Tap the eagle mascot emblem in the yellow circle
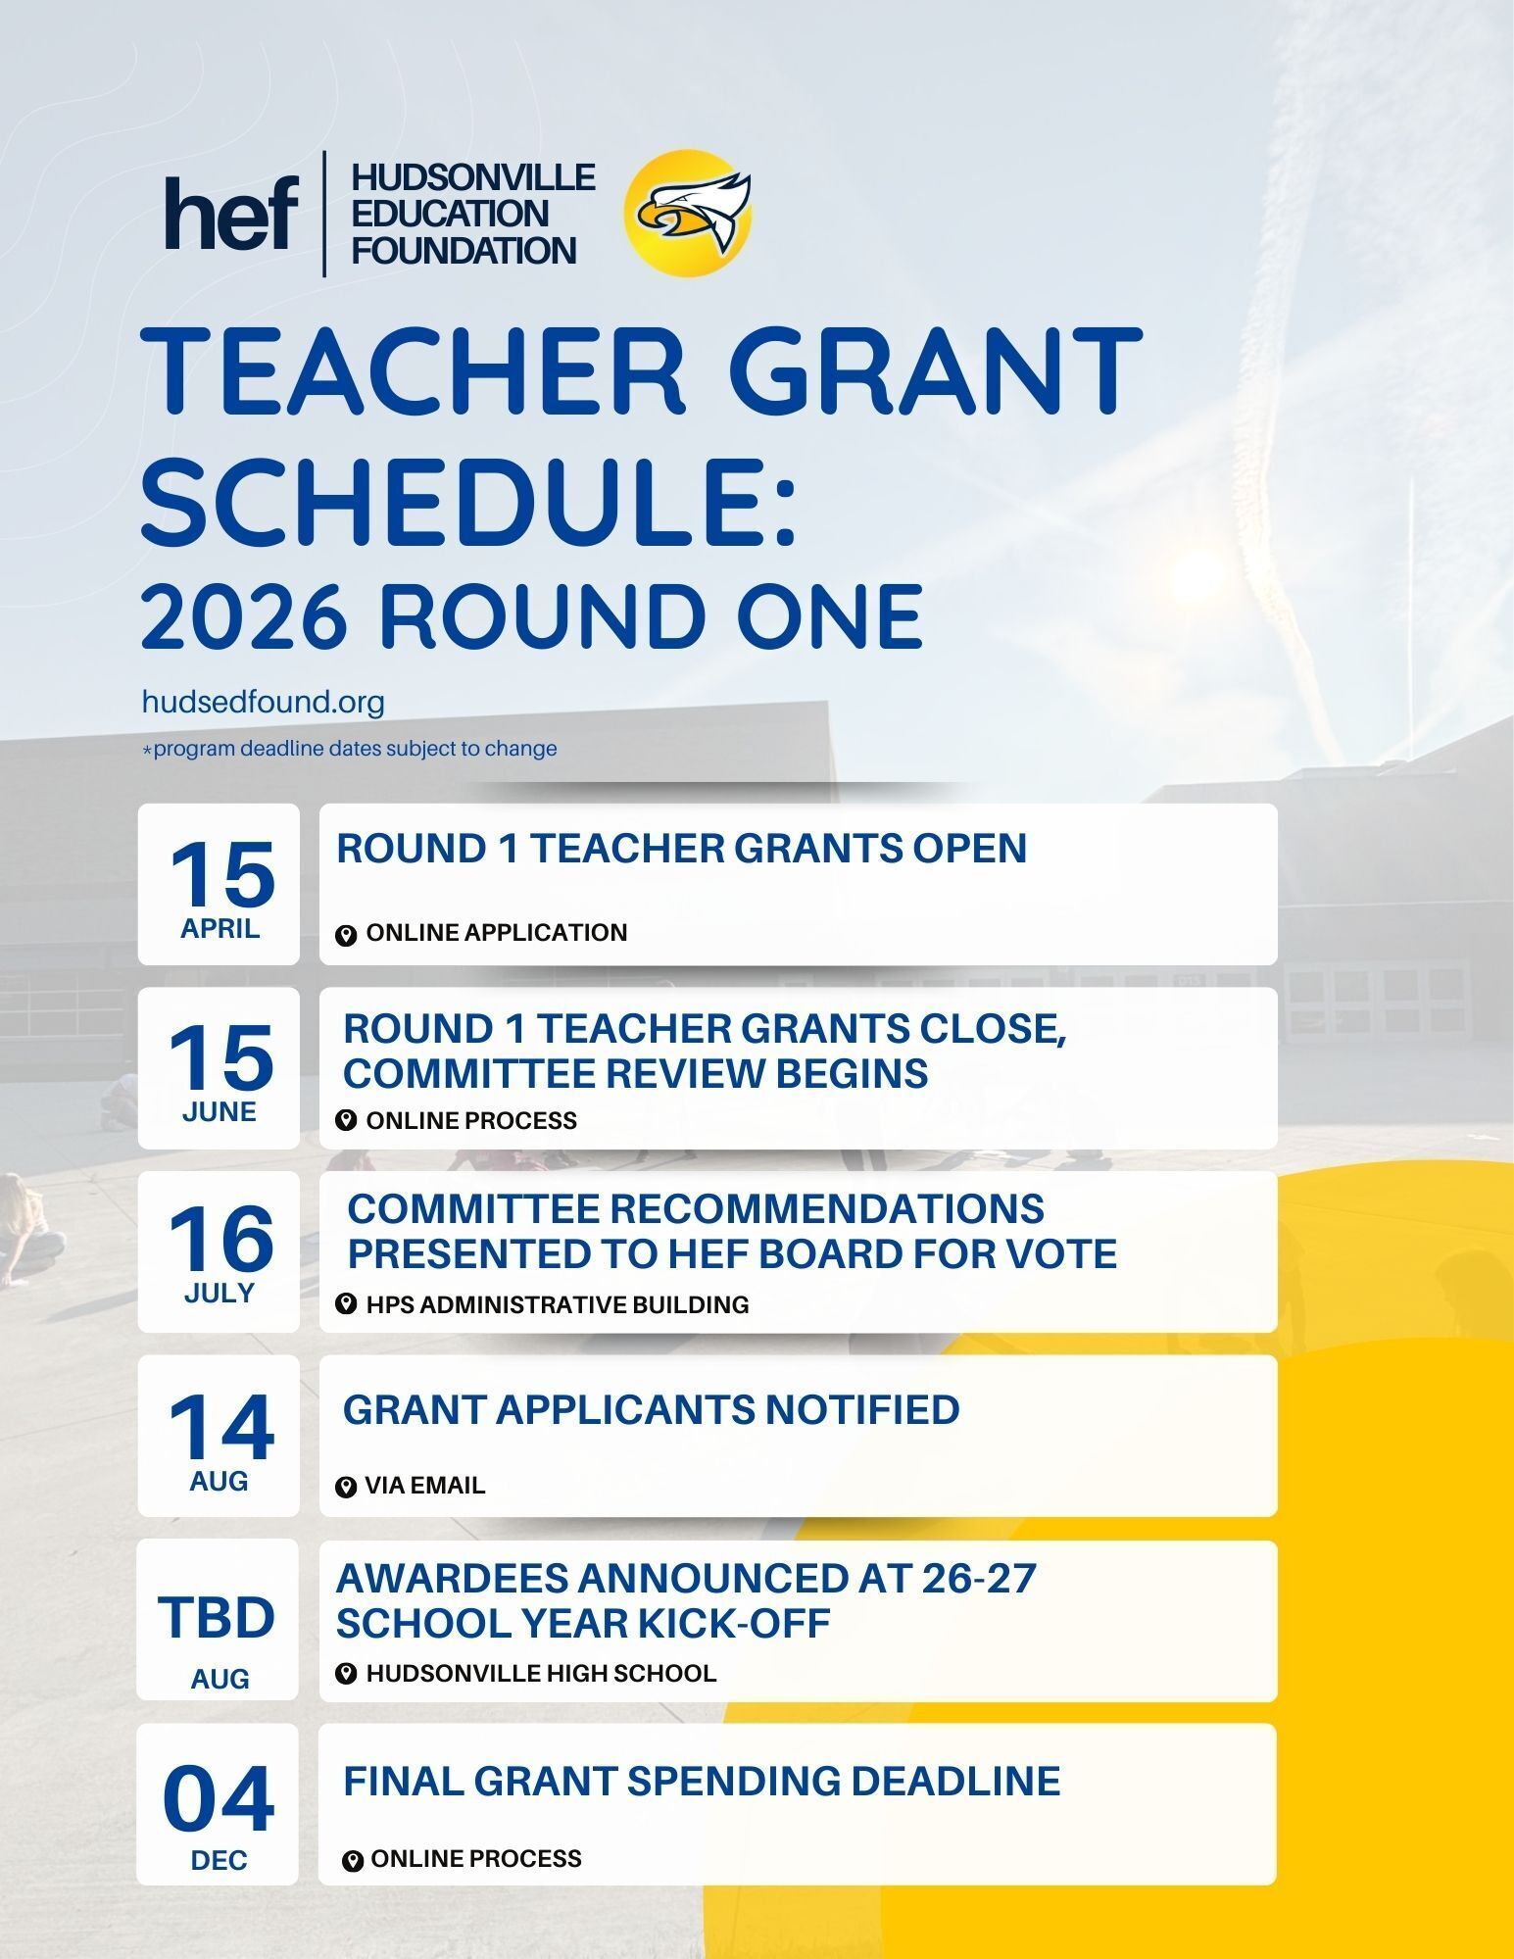pyautogui.click(x=690, y=213)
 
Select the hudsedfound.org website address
pyautogui.click(x=263, y=702)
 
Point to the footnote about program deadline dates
pyautogui.click(x=350, y=749)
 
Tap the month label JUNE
pyautogui.click(x=220, y=1112)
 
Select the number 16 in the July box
pyautogui.click(x=220, y=1239)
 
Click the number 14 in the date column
pyautogui.click(x=220, y=1426)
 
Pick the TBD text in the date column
pyautogui.click(x=218, y=1617)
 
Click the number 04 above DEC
pyautogui.click(x=219, y=1799)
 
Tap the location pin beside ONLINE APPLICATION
pyautogui.click(x=345, y=935)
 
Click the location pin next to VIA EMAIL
pyautogui.click(x=345, y=1488)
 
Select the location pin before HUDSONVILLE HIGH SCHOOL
pyautogui.click(x=345, y=1673)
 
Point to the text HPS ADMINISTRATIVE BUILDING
pyautogui.click(x=557, y=1304)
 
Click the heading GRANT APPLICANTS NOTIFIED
pyautogui.click(x=651, y=1409)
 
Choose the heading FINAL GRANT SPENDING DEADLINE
pyautogui.click(x=702, y=1781)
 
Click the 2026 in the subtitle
pyautogui.click(x=244, y=617)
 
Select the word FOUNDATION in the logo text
pyautogui.click(x=464, y=251)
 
